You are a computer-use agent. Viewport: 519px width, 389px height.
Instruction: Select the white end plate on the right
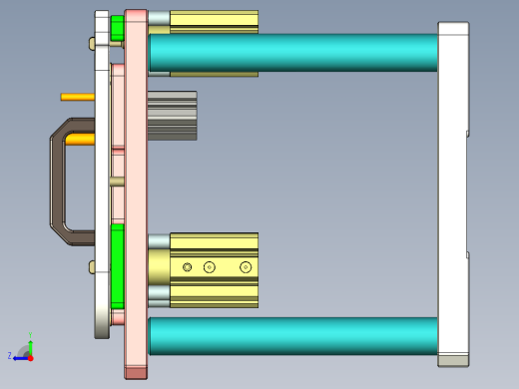[453, 190]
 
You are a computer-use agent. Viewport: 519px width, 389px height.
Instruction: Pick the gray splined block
[172, 115]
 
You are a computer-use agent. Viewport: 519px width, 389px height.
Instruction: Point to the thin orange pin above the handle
[77, 97]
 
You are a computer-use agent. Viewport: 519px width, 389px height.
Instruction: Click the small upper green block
[117, 29]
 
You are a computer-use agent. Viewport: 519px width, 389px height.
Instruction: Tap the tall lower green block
[117, 264]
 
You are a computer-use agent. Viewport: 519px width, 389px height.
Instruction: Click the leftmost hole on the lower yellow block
[187, 267]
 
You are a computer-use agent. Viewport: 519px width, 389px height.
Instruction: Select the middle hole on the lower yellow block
[209, 267]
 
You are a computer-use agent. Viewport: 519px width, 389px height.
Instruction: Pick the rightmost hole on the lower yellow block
[246, 267]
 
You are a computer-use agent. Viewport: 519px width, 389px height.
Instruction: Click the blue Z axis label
[10, 355]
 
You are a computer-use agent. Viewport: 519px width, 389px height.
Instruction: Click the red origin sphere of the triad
[30, 355]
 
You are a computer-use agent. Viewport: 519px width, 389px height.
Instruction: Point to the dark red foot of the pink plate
[136, 372]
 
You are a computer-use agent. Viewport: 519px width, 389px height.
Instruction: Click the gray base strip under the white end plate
[453, 360]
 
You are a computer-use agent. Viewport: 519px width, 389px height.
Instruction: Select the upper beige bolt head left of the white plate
[92, 43]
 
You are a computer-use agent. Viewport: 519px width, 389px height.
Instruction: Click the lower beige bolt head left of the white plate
[92, 266]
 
